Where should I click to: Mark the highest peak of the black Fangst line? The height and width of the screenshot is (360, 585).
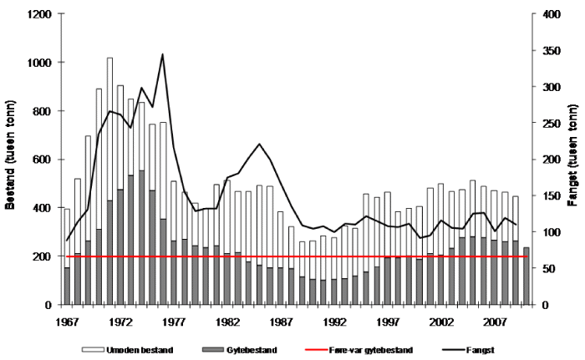pyautogui.click(x=162, y=54)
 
